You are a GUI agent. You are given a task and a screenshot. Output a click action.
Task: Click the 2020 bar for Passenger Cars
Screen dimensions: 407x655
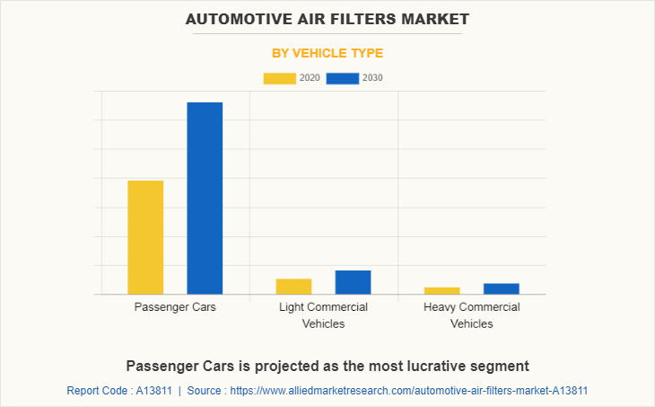pos(145,237)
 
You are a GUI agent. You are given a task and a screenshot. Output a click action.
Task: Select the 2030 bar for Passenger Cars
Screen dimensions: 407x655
pos(205,198)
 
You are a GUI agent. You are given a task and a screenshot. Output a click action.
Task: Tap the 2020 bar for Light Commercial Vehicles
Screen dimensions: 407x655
pos(293,287)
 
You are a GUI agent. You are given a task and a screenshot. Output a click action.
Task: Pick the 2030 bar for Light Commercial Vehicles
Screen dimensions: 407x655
pos(353,282)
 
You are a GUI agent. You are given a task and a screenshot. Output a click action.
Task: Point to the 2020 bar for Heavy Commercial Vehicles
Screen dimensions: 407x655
pos(441,290)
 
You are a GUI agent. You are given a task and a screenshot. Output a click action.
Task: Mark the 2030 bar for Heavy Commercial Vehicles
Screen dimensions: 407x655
pos(501,288)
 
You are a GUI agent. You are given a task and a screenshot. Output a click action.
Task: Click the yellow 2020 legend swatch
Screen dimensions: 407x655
pos(279,78)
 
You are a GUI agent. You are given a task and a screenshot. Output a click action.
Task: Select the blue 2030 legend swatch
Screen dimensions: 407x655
pos(342,78)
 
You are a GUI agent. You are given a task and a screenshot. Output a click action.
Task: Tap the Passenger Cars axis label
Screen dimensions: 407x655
pos(175,307)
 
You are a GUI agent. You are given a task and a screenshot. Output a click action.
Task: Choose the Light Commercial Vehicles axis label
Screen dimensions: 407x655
pos(323,315)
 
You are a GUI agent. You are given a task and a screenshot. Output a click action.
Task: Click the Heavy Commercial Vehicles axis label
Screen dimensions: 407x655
pos(471,315)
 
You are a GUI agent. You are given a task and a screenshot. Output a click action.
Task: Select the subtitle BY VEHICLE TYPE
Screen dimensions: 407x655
pos(327,53)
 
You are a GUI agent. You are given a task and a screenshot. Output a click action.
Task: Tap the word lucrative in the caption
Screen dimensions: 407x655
pos(424,366)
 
